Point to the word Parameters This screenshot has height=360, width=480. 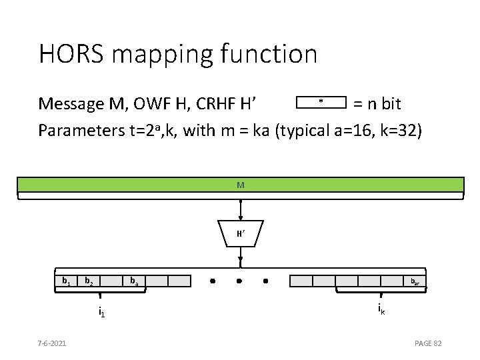coord(81,130)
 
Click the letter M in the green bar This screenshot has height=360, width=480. coord(240,184)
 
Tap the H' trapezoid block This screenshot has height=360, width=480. coord(240,233)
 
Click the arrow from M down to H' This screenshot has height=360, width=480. coord(240,210)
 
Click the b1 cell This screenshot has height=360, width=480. coord(66,281)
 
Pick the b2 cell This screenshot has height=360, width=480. coord(89,281)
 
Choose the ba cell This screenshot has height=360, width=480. coord(134,281)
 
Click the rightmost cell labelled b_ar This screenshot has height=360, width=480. coord(415,281)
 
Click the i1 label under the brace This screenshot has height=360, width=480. coord(101,311)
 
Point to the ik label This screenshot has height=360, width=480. coord(380,308)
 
